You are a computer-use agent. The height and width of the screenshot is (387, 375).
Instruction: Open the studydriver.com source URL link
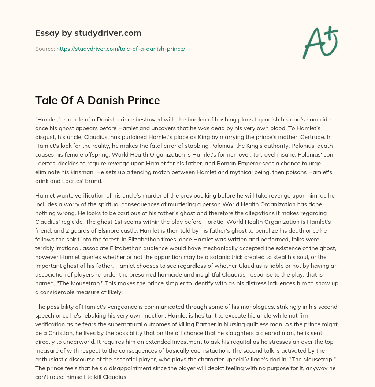point(120,49)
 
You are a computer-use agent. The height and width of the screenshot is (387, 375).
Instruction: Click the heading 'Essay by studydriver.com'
point(88,33)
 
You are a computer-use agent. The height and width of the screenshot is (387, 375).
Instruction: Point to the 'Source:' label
point(45,49)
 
